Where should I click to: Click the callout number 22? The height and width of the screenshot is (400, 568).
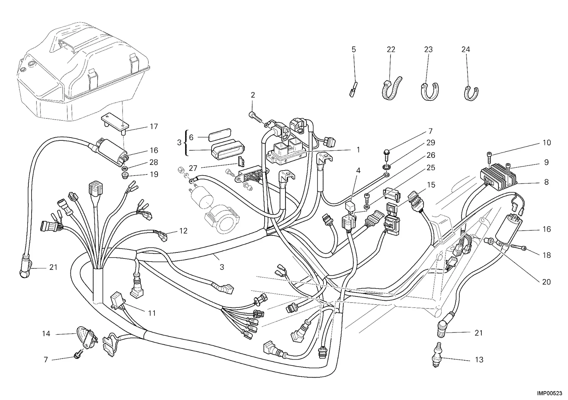391,49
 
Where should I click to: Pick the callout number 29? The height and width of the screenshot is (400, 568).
431,143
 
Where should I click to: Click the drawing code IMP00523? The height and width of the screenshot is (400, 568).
551,393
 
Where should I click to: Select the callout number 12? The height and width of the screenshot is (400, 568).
183,231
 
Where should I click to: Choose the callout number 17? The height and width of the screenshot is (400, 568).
154,126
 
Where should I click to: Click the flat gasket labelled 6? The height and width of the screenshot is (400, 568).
220,134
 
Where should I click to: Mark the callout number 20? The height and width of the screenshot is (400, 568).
546,282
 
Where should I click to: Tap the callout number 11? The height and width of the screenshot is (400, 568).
152,313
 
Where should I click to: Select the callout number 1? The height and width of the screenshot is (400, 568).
358,150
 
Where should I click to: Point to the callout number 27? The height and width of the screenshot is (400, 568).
193,168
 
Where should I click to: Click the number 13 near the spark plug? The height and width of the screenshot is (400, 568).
479,360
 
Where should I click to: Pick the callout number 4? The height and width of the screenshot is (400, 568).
358,171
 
